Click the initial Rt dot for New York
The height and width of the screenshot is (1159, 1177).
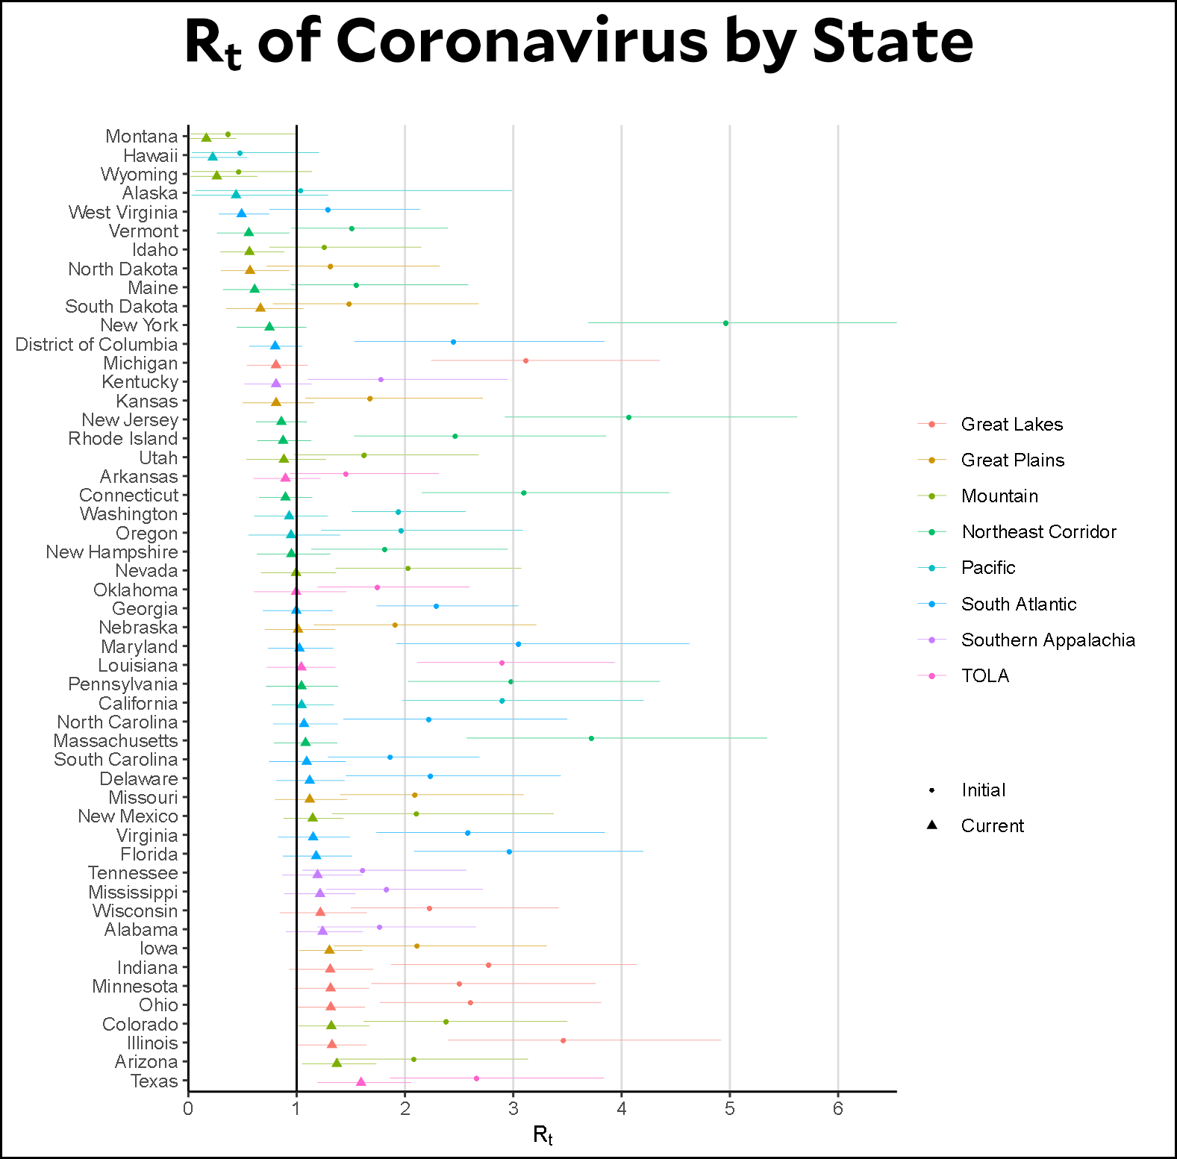[725, 323]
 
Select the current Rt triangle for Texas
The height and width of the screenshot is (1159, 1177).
[361, 1082]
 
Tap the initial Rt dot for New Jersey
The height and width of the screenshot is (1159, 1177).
[628, 417]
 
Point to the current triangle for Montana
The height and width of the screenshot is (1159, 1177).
[206, 137]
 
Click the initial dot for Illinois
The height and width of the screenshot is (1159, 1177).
[563, 1040]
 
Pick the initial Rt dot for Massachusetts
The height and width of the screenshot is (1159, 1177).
[591, 738]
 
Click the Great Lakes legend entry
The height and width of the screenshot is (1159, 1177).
[1011, 425]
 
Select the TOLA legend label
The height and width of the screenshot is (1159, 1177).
[985, 676]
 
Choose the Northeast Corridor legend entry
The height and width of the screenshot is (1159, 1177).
[1038, 532]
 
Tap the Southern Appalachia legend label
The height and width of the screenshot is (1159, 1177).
[1048, 640]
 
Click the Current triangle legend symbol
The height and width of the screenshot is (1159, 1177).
[931, 825]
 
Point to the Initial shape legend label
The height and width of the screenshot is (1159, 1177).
[983, 790]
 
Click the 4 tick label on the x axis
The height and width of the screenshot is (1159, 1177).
[622, 1108]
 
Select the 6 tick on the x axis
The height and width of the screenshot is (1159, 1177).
[838, 1108]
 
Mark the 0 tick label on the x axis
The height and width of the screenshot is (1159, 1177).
[188, 1108]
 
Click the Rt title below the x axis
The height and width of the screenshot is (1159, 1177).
[543, 1136]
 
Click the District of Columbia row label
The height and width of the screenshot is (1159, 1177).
[97, 345]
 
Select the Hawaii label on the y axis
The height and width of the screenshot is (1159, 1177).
[151, 156]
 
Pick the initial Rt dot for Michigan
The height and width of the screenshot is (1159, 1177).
[525, 360]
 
